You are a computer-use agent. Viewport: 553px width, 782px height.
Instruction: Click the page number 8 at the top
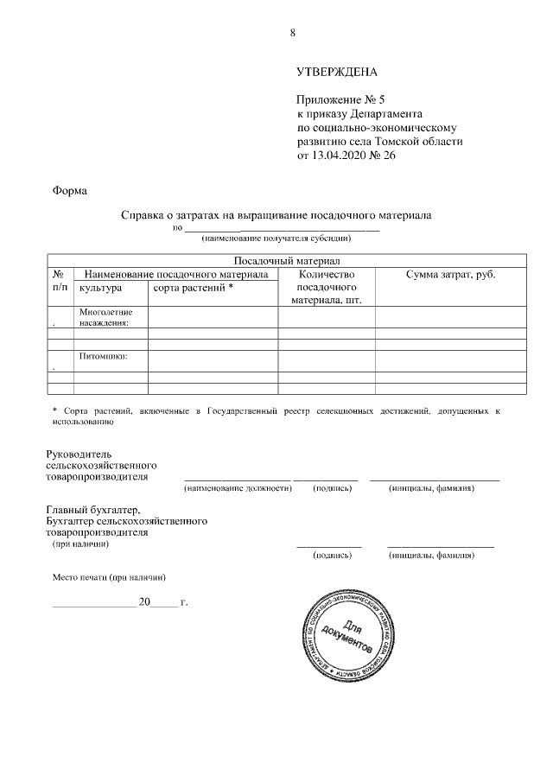point(293,33)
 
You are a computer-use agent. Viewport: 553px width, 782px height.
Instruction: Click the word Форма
point(69,190)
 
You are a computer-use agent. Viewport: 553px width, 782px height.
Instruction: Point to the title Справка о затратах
point(276,214)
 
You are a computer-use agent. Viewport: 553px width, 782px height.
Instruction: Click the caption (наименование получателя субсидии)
point(276,237)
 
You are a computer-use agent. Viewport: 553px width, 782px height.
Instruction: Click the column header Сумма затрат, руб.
point(450,274)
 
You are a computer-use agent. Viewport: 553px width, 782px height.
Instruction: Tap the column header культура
point(100,288)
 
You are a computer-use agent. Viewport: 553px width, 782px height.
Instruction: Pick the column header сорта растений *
point(194,288)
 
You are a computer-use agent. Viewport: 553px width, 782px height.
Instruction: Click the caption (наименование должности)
point(237,489)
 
